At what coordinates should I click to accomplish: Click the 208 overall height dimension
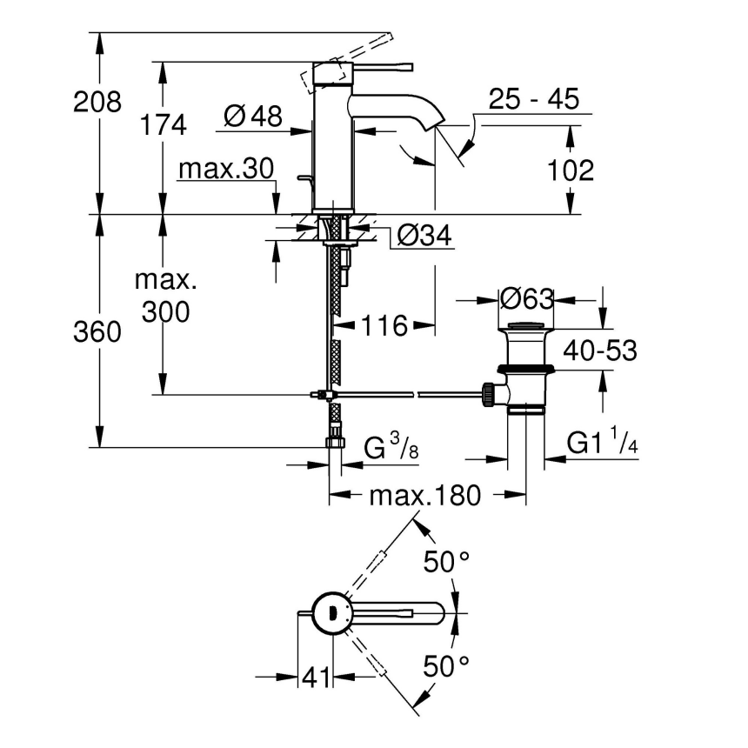(97, 102)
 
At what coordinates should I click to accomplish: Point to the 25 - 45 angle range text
(533, 99)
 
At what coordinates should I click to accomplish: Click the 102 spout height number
(571, 170)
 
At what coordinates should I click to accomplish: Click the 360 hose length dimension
(97, 332)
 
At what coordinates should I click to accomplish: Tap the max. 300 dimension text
(165, 296)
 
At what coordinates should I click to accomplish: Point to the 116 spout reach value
(384, 326)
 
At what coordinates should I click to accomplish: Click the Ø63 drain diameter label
(527, 299)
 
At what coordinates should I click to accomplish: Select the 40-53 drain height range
(600, 351)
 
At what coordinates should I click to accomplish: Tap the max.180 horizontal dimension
(424, 496)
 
